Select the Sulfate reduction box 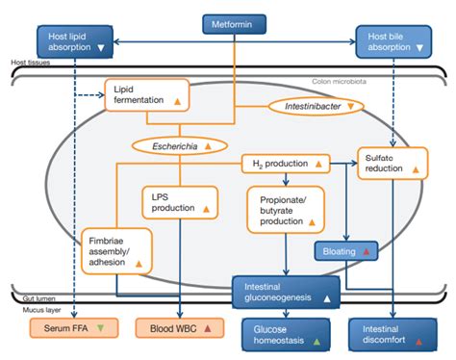390,162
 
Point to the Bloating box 345,251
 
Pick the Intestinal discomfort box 388,332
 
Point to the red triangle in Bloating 367,251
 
